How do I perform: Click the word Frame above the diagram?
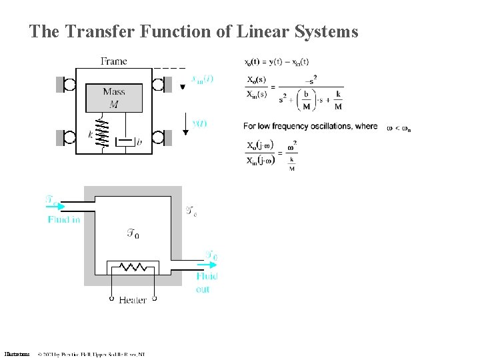(113, 61)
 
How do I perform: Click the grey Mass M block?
(113, 97)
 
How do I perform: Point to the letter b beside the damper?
(139, 142)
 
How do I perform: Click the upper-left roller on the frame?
(67, 85)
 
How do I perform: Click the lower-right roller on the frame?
(159, 137)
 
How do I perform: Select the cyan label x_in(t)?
(202, 79)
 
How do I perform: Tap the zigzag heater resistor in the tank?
(133, 267)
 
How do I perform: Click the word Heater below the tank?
(133, 300)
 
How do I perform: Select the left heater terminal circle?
(111, 299)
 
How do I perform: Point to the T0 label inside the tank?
(133, 233)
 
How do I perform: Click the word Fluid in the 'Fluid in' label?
(57, 219)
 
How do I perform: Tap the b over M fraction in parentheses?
(305, 105)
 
